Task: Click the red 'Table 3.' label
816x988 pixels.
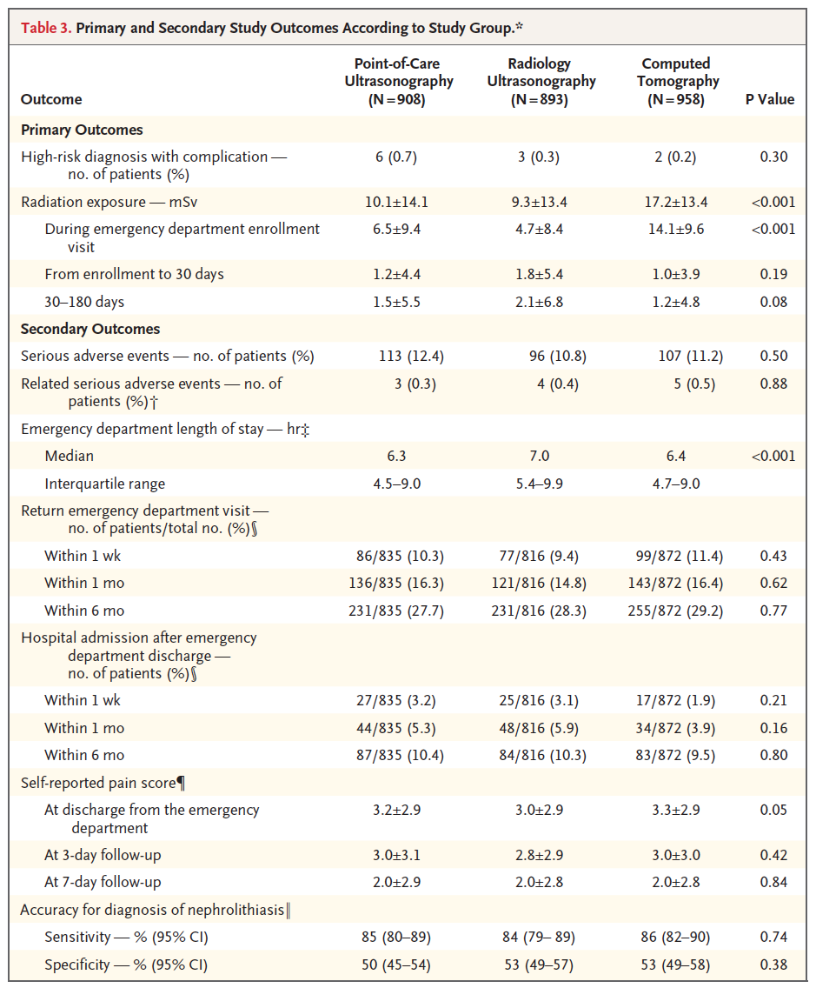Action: tap(46, 28)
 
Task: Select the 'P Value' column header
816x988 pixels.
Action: tap(769, 99)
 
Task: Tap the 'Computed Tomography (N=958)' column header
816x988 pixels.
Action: tap(676, 81)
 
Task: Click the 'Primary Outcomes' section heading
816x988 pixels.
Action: tap(82, 130)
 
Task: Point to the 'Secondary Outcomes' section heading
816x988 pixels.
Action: tap(90, 329)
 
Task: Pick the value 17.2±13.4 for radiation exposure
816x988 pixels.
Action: tap(676, 203)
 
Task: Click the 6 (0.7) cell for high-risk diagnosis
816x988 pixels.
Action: tap(396, 157)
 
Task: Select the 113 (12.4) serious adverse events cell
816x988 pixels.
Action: tap(411, 356)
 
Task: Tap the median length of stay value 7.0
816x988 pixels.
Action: tap(539, 456)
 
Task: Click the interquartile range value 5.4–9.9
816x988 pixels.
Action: tap(539, 484)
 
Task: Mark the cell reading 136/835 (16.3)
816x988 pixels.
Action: tap(396, 584)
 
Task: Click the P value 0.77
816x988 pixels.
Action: tap(773, 611)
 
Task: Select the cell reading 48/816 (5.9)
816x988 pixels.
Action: tap(539, 729)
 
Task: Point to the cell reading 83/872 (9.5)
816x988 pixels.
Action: tap(675, 756)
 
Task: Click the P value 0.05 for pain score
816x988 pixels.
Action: tap(773, 811)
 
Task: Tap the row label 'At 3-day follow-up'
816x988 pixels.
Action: tap(103, 855)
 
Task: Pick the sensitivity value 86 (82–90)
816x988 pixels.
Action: tap(675, 937)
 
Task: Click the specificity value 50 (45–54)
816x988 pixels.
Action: tap(396, 965)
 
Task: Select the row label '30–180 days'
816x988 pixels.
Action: tap(84, 302)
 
